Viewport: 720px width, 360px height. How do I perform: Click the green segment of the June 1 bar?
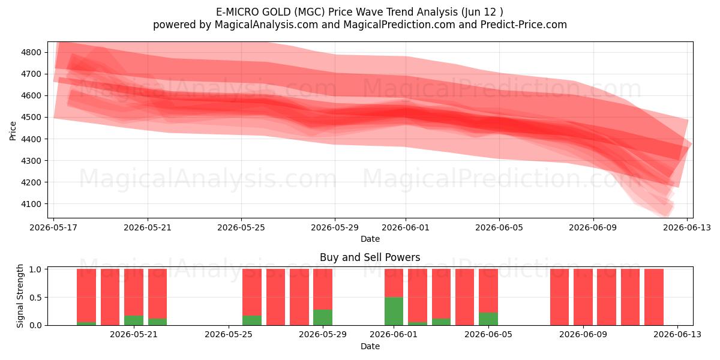click(394, 311)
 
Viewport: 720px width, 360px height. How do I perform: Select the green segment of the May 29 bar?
click(323, 317)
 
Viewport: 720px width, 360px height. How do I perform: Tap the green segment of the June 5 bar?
click(488, 319)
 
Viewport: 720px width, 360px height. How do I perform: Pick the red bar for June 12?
click(654, 297)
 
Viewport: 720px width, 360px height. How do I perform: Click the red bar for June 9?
click(583, 297)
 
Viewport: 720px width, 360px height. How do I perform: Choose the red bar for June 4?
click(464, 297)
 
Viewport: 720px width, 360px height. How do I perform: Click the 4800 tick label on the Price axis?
click(31, 52)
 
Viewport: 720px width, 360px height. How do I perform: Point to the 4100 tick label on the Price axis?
click(31, 204)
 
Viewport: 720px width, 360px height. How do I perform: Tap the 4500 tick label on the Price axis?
click(31, 118)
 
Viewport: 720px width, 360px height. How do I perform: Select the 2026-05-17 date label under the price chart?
click(53, 227)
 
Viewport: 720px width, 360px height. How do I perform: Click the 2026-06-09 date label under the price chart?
click(593, 227)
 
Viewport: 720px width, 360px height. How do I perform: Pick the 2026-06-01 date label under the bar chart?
click(394, 334)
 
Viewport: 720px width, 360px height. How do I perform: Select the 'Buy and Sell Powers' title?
click(370, 257)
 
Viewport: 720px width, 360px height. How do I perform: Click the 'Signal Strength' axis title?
click(20, 296)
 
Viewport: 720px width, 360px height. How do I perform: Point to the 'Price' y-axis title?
click(13, 131)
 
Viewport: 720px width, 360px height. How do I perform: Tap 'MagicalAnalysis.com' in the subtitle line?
click(266, 25)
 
